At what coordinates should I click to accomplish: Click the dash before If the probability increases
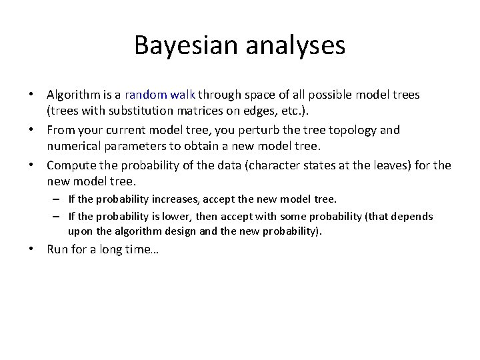coord(59,199)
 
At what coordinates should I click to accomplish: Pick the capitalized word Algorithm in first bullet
coord(74,95)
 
